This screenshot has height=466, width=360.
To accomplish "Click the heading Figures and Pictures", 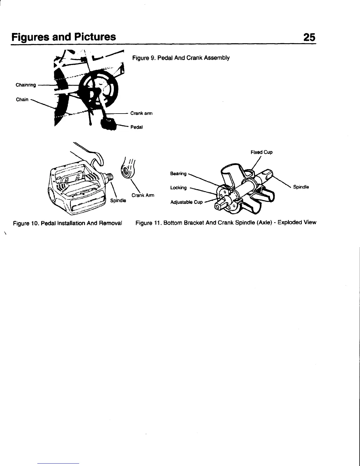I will pyautogui.click(x=63, y=37).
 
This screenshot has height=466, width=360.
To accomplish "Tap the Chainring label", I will pyautogui.click(x=26, y=85).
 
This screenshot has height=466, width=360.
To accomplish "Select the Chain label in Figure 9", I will pyautogui.click(x=22, y=99).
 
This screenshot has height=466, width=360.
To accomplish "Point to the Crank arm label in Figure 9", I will pyautogui.click(x=141, y=113).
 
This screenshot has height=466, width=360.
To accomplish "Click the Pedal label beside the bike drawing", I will pyautogui.click(x=136, y=127).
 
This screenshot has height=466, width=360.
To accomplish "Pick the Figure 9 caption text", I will pyautogui.click(x=181, y=58).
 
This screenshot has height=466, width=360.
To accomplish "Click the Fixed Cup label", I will pyautogui.click(x=261, y=152).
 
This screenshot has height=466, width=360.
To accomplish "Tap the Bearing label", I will pyautogui.click(x=178, y=174).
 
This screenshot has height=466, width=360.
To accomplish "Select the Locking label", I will pyautogui.click(x=178, y=188).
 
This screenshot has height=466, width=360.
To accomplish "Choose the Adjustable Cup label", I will pyautogui.click(x=186, y=202).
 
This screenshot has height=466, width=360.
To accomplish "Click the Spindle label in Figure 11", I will pyautogui.click(x=301, y=187).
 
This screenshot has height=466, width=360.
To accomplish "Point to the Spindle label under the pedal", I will pyautogui.click(x=118, y=200).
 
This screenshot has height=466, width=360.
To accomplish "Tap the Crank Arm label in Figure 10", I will pyautogui.click(x=143, y=195).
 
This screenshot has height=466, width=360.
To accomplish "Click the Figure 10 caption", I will pyautogui.click(x=67, y=223).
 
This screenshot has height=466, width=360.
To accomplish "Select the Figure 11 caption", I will pyautogui.click(x=226, y=222).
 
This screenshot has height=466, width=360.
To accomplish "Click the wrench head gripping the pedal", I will pyautogui.click(x=97, y=159).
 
